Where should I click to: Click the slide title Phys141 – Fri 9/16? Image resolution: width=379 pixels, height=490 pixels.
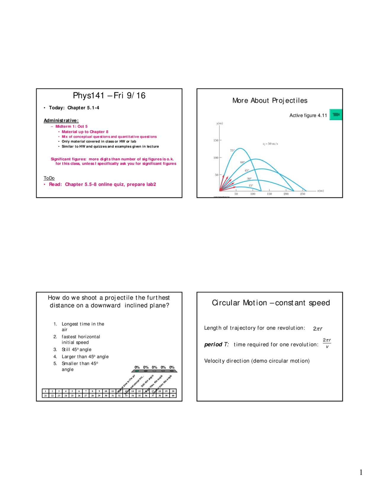coord(109,96)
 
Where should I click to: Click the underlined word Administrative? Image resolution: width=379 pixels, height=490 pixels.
coord(61,120)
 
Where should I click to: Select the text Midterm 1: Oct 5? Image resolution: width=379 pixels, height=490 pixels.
coord(71,126)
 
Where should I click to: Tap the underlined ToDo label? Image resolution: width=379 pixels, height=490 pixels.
coord(49,178)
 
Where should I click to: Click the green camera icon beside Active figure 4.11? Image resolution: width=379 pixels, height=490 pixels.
coord(336,115)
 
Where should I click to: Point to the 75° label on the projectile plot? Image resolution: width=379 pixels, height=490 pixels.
coord(232,150)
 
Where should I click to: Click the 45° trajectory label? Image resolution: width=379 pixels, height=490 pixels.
coord(247,170)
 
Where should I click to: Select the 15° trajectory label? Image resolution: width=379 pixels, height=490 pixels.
coord(251,186)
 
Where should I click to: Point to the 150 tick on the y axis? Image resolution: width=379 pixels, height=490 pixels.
coord(216,140)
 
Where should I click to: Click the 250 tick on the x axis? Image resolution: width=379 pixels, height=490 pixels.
coord(303,194)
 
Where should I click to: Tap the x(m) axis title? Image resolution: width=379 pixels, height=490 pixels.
coord(320,191)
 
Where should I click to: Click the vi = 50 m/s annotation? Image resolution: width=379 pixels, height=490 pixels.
coord(270,144)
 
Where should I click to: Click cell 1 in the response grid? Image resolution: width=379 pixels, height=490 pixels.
coord(46,391)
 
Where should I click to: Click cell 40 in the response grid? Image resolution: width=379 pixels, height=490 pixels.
coord(173,395)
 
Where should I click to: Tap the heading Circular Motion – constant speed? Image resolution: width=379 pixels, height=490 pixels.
coord(271,303)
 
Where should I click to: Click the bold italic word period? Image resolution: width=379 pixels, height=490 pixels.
coord(213,344)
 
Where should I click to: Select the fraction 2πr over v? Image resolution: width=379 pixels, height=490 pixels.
coord(327,343)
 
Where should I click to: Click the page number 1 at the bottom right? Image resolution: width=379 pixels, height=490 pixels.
coord(361,472)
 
